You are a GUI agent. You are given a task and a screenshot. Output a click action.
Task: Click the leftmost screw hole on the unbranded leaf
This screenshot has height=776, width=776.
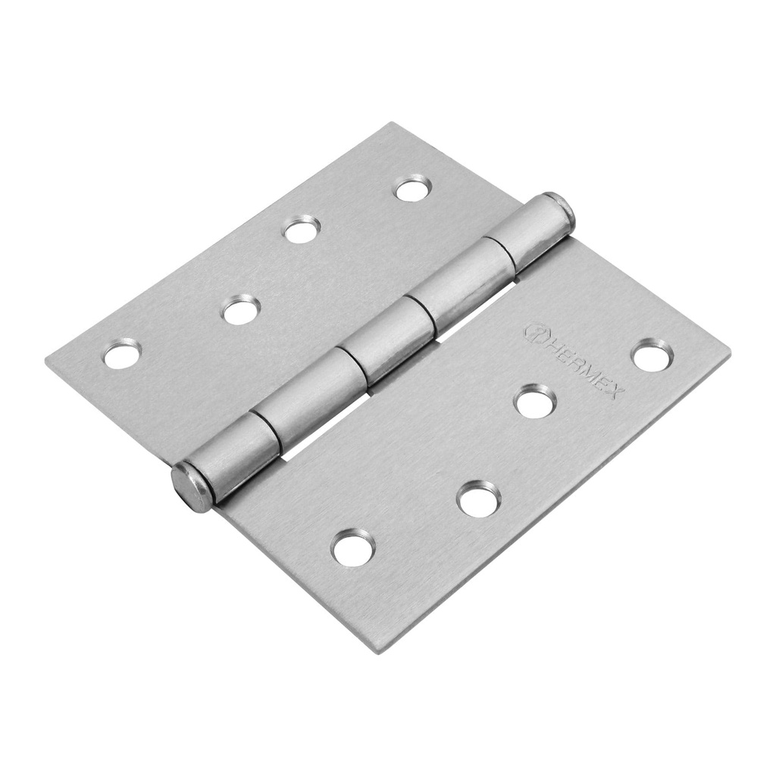[x=122, y=353]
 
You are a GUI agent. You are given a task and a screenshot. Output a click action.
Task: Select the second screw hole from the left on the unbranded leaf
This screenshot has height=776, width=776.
[x=242, y=309]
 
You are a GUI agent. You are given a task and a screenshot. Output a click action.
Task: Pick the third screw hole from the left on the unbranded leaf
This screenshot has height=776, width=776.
[x=302, y=229]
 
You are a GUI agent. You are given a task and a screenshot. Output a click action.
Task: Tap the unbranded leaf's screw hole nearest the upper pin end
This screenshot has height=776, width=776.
[x=413, y=188]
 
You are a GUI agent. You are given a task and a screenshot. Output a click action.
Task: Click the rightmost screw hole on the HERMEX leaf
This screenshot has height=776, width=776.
[x=652, y=355]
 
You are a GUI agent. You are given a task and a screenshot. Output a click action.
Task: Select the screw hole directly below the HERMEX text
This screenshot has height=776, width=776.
[x=535, y=400]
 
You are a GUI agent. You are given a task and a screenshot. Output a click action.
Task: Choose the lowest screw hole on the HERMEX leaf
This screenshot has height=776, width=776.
[x=353, y=547]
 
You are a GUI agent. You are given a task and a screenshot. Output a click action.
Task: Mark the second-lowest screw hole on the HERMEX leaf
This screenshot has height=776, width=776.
[x=479, y=499]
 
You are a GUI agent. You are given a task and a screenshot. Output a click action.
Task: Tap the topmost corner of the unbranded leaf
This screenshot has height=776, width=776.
[x=392, y=124]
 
